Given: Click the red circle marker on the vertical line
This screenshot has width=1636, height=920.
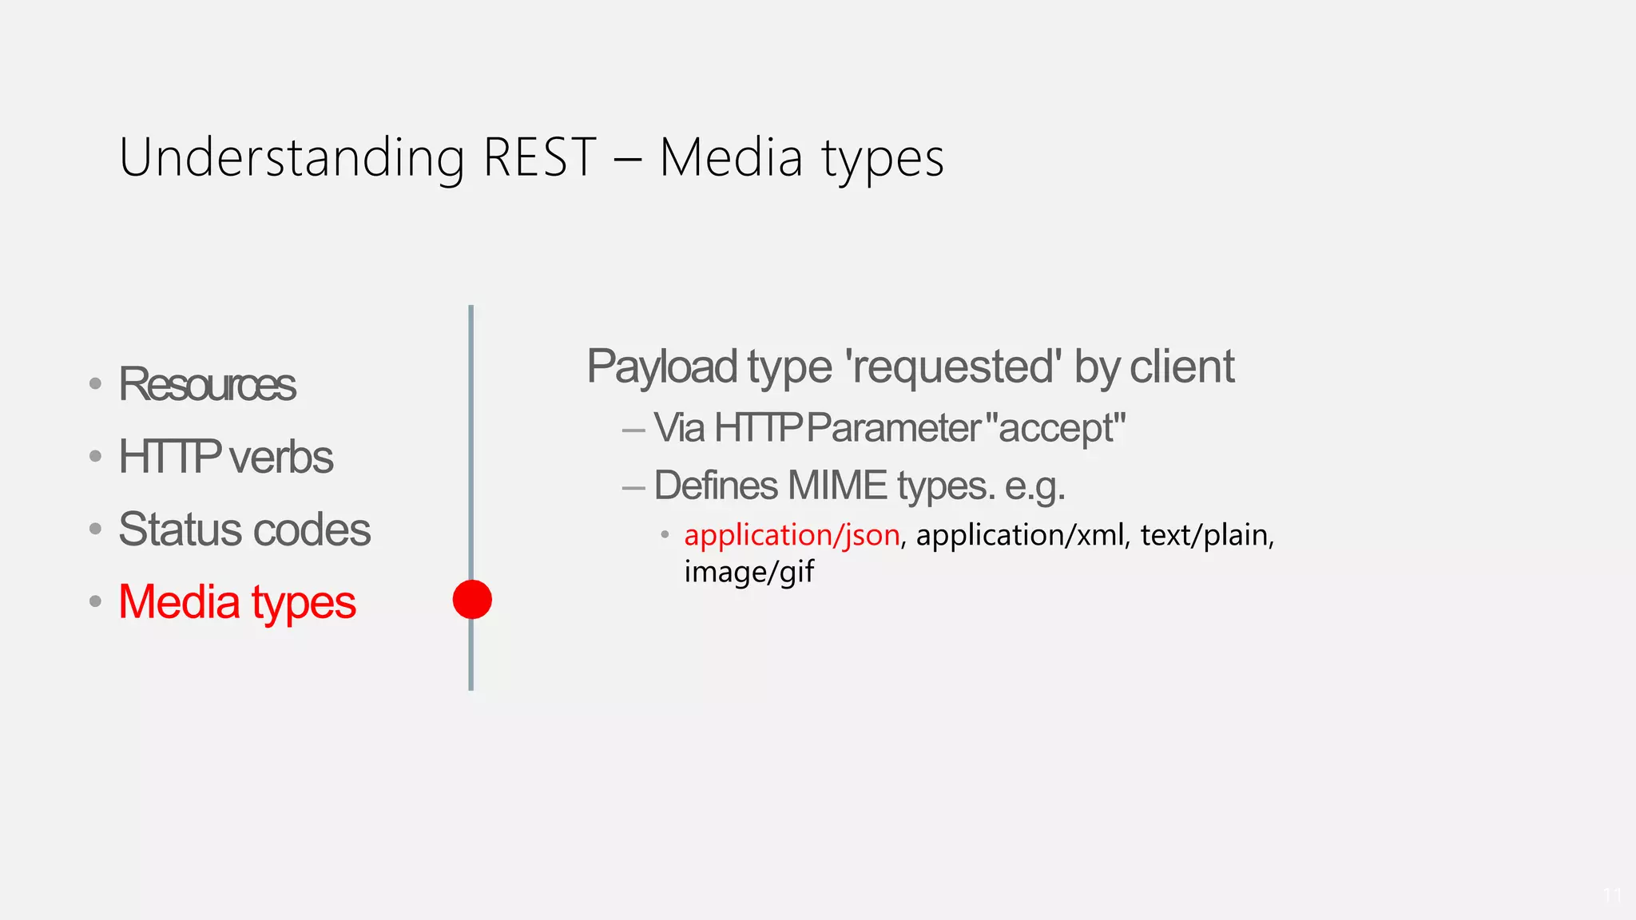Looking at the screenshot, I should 472,600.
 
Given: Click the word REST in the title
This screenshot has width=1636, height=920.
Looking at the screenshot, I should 540,157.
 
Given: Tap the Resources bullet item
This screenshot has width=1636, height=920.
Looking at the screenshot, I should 207,384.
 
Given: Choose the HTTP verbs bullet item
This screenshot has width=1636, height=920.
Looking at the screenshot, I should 225,457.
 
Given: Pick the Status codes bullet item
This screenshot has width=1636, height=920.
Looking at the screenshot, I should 244,529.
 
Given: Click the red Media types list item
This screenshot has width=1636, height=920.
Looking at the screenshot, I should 236,602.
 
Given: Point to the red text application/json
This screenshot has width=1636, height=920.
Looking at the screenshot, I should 792,535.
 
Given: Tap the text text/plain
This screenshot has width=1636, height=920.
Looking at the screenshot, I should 1204,535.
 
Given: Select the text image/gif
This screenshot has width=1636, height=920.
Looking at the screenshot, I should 749,572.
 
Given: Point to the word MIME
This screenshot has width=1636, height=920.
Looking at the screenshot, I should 837,486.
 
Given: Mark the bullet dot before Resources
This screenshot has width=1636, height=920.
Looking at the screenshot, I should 96,384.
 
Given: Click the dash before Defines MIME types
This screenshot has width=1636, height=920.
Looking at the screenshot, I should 633,487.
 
